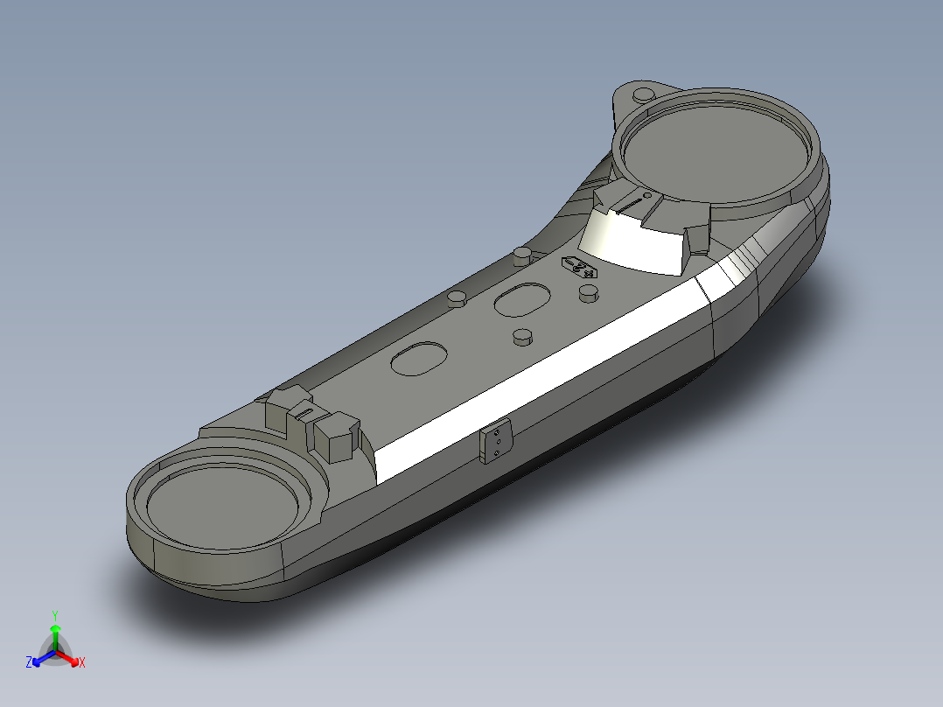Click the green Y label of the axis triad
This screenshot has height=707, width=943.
point(55,615)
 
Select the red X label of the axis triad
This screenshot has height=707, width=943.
point(82,663)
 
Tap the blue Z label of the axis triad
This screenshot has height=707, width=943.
point(29,663)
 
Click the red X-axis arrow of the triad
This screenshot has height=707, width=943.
point(70,657)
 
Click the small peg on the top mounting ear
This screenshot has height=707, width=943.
point(643,93)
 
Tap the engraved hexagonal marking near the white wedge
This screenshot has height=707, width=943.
point(580,267)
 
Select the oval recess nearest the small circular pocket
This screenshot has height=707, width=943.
point(418,358)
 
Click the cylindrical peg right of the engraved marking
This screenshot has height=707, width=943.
point(590,294)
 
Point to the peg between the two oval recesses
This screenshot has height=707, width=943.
point(522,336)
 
